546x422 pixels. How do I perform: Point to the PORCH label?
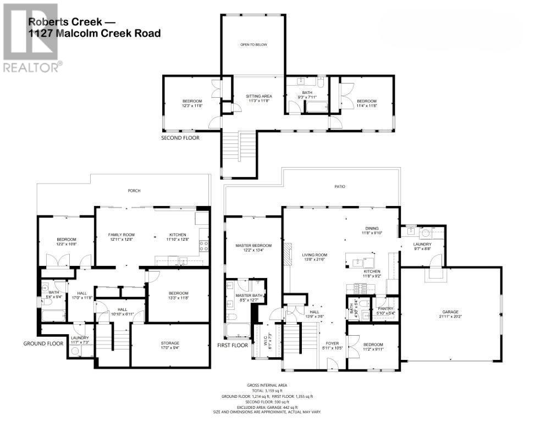[134, 191]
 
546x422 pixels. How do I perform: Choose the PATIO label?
[340, 187]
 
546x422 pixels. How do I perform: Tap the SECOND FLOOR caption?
[180, 138]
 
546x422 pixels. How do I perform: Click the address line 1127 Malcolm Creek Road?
[95, 34]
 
